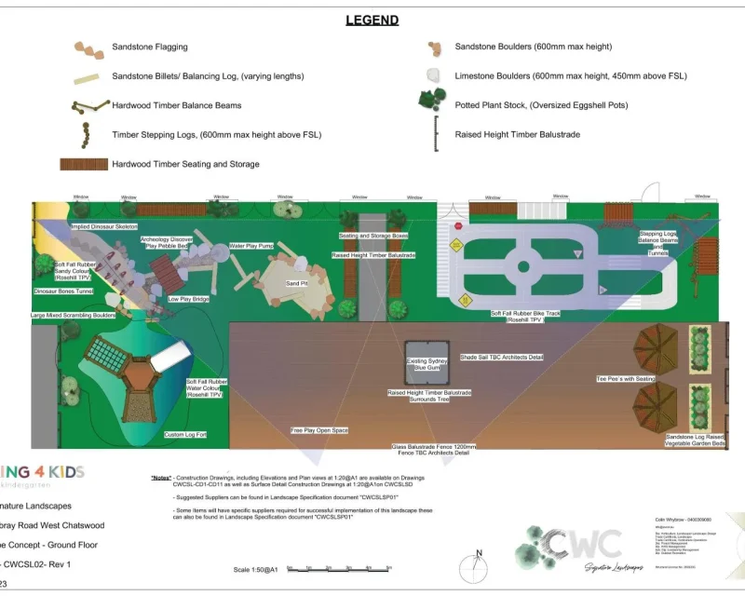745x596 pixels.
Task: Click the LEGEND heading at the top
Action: click(x=372, y=20)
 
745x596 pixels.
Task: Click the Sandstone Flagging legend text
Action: click(x=149, y=47)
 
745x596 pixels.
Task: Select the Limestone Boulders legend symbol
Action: click(x=433, y=76)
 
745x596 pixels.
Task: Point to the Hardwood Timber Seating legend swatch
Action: click(x=82, y=164)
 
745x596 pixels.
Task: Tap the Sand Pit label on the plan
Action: click(x=295, y=283)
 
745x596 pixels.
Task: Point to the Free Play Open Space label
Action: click(x=319, y=430)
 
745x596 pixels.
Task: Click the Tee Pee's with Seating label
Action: click(x=628, y=379)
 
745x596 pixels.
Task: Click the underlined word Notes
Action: click(x=162, y=478)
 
